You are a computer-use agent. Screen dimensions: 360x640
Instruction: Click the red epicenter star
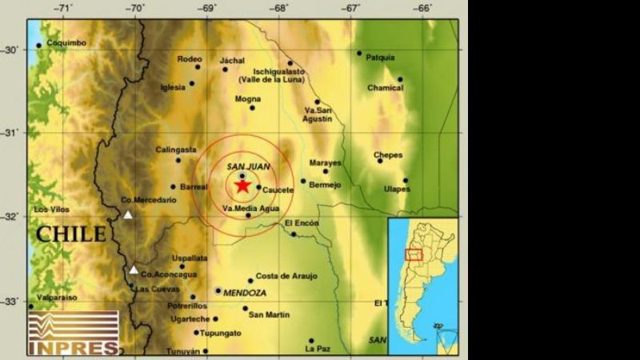pyautogui.click(x=242, y=186)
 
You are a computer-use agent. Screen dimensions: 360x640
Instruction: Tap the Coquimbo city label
pyautogui.click(x=66, y=43)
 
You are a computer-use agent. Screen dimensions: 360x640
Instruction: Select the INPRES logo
pyautogui.click(x=73, y=333)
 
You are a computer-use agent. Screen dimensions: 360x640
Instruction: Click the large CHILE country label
pyautogui.click(x=70, y=234)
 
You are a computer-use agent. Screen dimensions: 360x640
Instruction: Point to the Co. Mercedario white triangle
pyautogui.click(x=128, y=214)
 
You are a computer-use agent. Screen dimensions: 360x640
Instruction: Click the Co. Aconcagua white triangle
pyautogui.click(x=134, y=270)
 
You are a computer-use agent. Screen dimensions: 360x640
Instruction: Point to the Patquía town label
pyautogui.click(x=380, y=58)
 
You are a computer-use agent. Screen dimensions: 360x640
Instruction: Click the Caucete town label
pyautogui.click(x=278, y=190)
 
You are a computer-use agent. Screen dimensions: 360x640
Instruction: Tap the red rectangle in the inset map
pyautogui.click(x=414, y=254)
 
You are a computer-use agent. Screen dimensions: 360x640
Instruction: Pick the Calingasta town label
pyautogui.click(x=176, y=149)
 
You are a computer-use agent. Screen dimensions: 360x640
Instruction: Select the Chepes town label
pyautogui.click(x=388, y=155)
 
